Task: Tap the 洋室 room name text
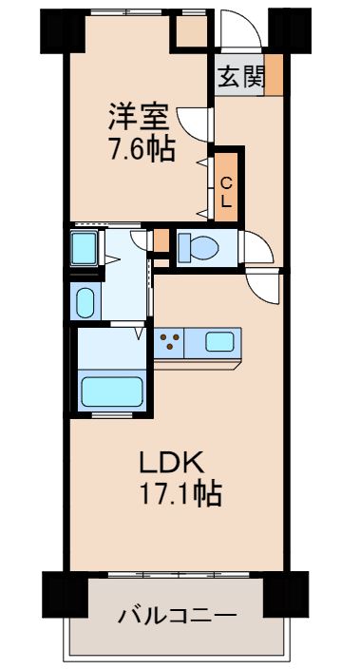pyautogui.click(x=139, y=120)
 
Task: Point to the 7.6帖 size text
pyautogui.click(x=141, y=149)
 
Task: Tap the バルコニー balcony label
pyautogui.click(x=176, y=616)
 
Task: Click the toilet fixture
pyautogui.click(x=199, y=247)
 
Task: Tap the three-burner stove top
pyautogui.click(x=171, y=341)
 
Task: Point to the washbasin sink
pyautogui.click(x=84, y=302)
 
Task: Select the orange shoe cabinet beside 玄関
pyautogui.click(x=273, y=75)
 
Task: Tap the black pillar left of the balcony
pyautogui.click(x=59, y=593)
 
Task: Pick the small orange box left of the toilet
pyautogui.click(x=161, y=242)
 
